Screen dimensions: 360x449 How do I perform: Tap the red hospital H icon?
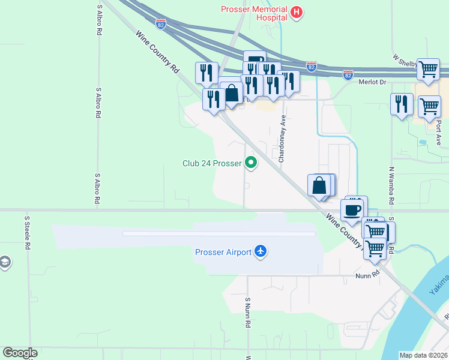tap(296, 12)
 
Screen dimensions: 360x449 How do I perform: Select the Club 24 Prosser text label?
tap(212, 163)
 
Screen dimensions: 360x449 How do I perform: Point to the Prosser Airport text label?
tap(223, 252)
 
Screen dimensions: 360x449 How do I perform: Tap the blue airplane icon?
tap(261, 251)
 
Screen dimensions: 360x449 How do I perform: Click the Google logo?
tap(20, 353)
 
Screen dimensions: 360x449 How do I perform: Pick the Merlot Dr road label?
tap(371, 82)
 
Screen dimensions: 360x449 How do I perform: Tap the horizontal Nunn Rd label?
tap(368, 274)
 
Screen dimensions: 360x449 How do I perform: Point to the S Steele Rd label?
tap(27, 233)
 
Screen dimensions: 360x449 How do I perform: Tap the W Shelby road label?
tap(406, 61)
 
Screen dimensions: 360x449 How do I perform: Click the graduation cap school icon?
tap(4, 263)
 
